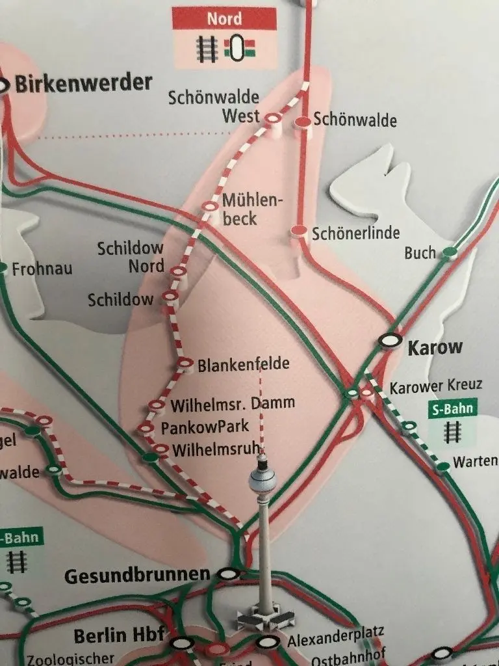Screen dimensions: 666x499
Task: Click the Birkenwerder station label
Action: pyautogui.click(x=83, y=83)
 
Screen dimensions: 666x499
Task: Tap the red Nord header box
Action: pyautogui.click(x=224, y=18)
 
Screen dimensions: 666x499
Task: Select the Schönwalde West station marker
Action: pyautogui.click(x=272, y=118)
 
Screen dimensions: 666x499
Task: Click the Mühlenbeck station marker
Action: pyautogui.click(x=209, y=206)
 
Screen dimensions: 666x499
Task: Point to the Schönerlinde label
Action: pyautogui.click(x=355, y=233)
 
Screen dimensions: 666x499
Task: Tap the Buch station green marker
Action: pyautogui.click(x=448, y=252)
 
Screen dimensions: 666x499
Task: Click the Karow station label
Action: pyautogui.click(x=435, y=347)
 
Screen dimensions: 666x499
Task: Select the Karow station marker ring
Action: pyautogui.click(x=390, y=339)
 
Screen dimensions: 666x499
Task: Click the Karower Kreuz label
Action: pyautogui.click(x=435, y=386)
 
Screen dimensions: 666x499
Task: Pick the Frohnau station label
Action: pyautogui.click(x=42, y=268)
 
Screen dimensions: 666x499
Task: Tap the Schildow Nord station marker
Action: pyautogui.click(x=177, y=271)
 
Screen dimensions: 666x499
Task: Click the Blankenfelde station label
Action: pyautogui.click(x=243, y=364)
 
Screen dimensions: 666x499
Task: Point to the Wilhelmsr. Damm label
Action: pyautogui.click(x=232, y=405)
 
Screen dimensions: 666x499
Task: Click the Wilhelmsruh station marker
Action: pyautogui.click(x=160, y=448)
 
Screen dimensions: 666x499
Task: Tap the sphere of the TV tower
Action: pyautogui.click(x=262, y=482)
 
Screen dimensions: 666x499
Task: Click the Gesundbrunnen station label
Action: pyautogui.click(x=137, y=575)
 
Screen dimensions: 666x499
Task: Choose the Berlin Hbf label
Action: pyautogui.click(x=114, y=635)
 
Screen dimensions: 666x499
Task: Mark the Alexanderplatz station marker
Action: pyautogui.click(x=264, y=643)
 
